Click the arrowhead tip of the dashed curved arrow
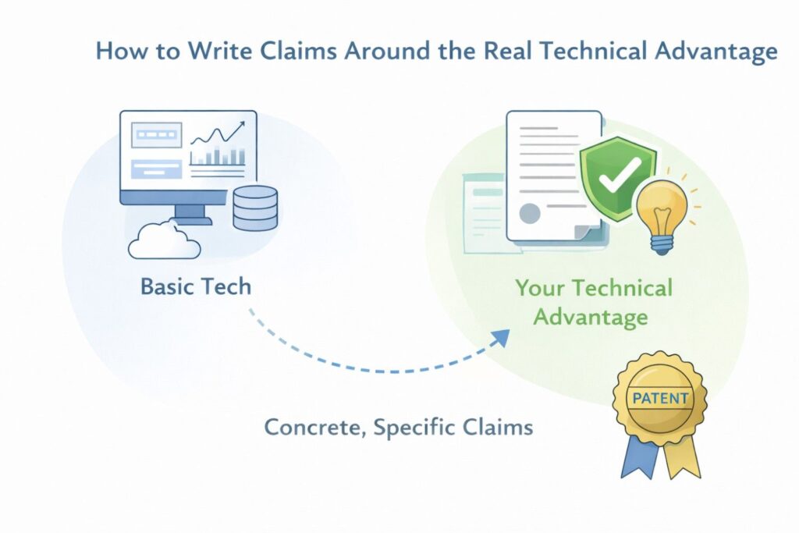(510, 329)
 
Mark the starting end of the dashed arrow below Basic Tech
(250, 309)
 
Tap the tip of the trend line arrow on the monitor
(244, 122)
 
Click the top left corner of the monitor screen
(120, 111)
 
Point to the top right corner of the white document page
(602, 112)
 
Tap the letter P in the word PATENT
(637, 398)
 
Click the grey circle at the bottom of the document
(530, 214)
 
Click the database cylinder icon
(255, 208)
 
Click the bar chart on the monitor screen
(218, 155)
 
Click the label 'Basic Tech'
(196, 286)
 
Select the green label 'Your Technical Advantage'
(593, 302)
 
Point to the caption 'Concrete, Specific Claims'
(399, 427)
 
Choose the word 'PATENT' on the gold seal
(660, 398)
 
